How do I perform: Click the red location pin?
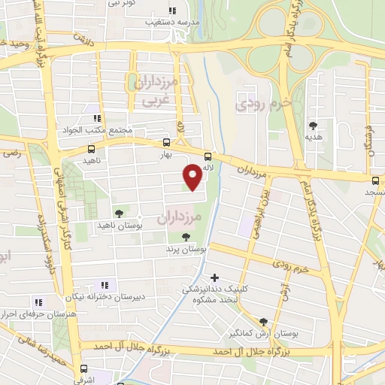pyautogui.click(x=193, y=176)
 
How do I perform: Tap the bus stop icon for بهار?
pyautogui.click(x=166, y=141)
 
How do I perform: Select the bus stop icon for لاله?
pyautogui.click(x=208, y=157)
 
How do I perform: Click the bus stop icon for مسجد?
pyautogui.click(x=375, y=180)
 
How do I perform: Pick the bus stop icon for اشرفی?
pyautogui.click(x=83, y=369)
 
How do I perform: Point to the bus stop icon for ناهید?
pyautogui.click(x=72, y=150)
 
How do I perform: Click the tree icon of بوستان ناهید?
pyautogui.click(x=119, y=213)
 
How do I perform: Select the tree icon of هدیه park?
pyautogui.click(x=313, y=126)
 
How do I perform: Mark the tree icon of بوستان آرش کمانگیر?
pyautogui.click(x=262, y=321)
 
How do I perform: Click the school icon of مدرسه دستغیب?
pyautogui.click(x=172, y=11)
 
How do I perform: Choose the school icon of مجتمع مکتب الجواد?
pyautogui.click(x=96, y=118)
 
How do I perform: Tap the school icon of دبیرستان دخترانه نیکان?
pyautogui.click(x=104, y=285)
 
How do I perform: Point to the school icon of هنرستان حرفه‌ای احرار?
pyautogui.click(x=38, y=302)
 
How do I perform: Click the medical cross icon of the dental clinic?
pyautogui.click(x=216, y=277)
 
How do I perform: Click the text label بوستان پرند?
pyautogui.click(x=186, y=247)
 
